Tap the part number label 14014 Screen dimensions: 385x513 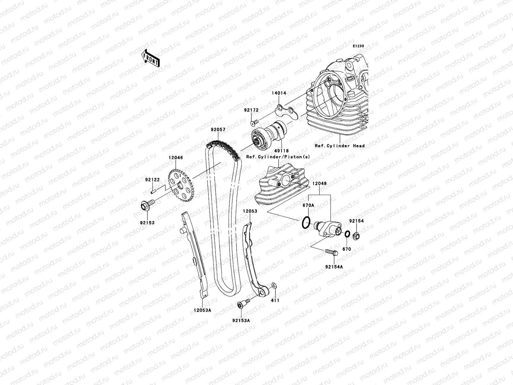279,93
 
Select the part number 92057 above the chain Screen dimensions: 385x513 218,130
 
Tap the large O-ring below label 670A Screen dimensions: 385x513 306,223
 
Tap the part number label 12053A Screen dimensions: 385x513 203,310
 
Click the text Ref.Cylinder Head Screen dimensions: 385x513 340,146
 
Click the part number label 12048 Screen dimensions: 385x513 320,184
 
